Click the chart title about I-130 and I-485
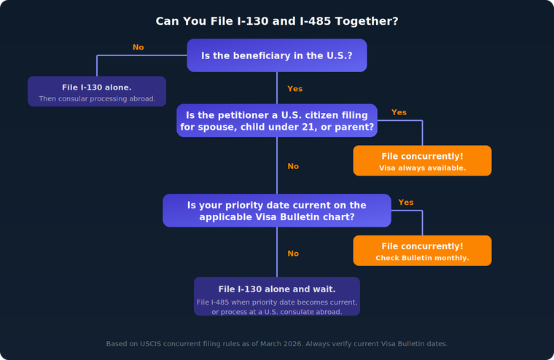pos(277,21)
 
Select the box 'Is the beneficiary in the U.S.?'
pos(277,55)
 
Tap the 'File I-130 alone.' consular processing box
pos(97,91)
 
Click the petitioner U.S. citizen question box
pos(277,120)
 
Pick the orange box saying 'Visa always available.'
pos(422,160)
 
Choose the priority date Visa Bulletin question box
pos(277,211)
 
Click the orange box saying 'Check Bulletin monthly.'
pos(422,251)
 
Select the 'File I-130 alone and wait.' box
pos(277,296)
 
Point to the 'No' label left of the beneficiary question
pos(138,47)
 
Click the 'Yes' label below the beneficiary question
pos(294,89)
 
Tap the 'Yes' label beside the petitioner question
pos(399,112)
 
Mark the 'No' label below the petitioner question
pos(293,166)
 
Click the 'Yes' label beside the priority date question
pos(406,203)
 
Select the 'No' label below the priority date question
pos(293,254)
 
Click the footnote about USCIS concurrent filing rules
pos(277,343)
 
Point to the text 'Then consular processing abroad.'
pos(97,98)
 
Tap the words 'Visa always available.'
pos(422,168)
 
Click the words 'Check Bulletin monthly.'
pos(422,258)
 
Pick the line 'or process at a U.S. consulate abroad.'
pos(277,312)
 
